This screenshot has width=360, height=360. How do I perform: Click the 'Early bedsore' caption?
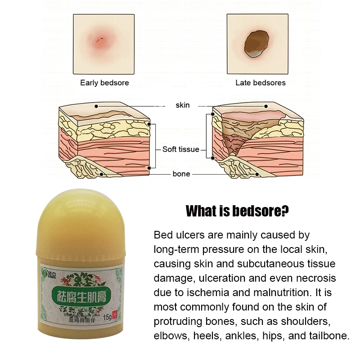click(x=104, y=83)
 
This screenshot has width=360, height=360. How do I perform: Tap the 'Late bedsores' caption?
click(x=260, y=83)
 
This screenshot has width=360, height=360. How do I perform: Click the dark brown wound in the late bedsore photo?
click(x=255, y=44)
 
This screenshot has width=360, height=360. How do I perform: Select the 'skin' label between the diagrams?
click(x=182, y=105)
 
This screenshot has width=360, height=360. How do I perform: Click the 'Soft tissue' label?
click(x=180, y=149)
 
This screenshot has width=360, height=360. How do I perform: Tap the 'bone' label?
click(x=181, y=174)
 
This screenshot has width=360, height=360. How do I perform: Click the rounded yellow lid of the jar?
click(x=78, y=225)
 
